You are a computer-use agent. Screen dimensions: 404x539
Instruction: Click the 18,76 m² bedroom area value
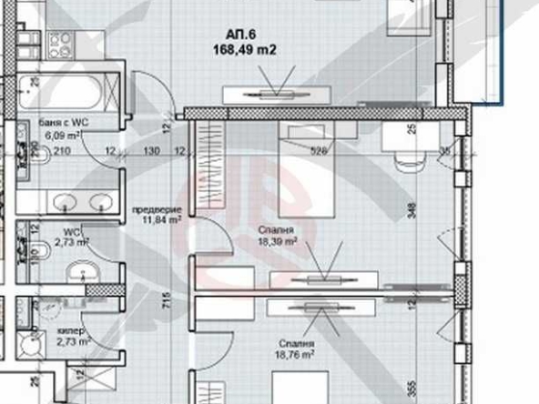[x=297, y=356]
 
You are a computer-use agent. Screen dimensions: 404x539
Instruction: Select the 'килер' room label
[x=70, y=331]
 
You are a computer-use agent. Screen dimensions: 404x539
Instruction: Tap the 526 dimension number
[x=319, y=151]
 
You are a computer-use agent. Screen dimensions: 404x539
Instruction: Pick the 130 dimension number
[x=151, y=151]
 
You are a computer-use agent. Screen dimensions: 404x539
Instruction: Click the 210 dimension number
[x=62, y=151]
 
